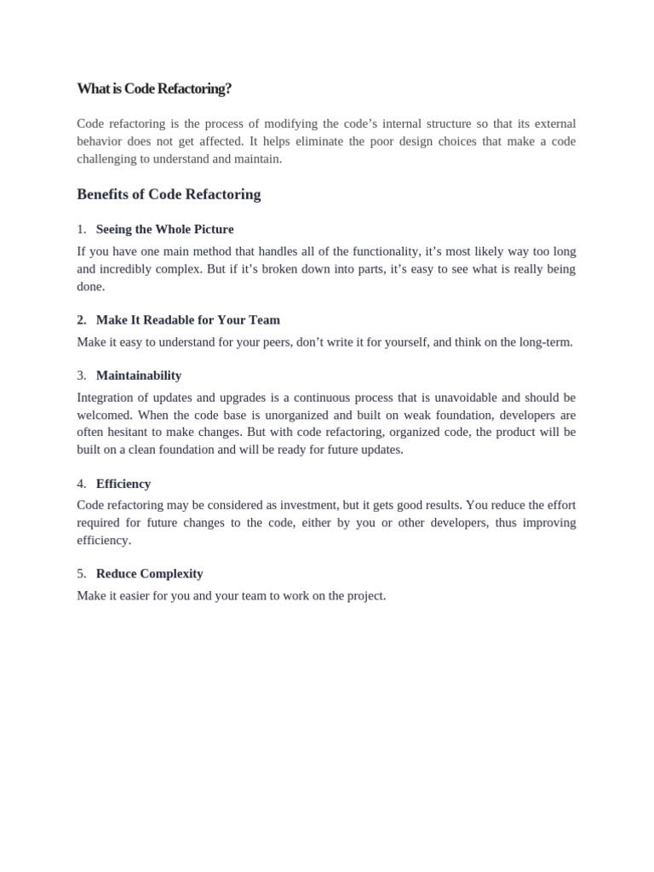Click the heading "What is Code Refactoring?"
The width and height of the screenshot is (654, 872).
[154, 89]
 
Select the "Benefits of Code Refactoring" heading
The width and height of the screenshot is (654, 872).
[169, 194]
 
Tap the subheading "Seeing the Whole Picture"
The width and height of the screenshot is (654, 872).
[164, 229]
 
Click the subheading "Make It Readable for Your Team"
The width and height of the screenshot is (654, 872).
[187, 320]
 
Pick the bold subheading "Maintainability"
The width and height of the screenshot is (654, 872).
[138, 376]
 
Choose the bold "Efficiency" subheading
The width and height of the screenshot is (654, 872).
[123, 484]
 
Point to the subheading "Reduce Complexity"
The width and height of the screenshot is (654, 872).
[149, 574]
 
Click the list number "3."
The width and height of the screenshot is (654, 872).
[82, 376]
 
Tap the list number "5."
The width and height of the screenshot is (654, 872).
[82, 574]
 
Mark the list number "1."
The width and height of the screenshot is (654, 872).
[82, 229]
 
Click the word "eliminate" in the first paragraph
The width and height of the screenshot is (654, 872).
[318, 141]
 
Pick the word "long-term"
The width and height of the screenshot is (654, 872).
[544, 342]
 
